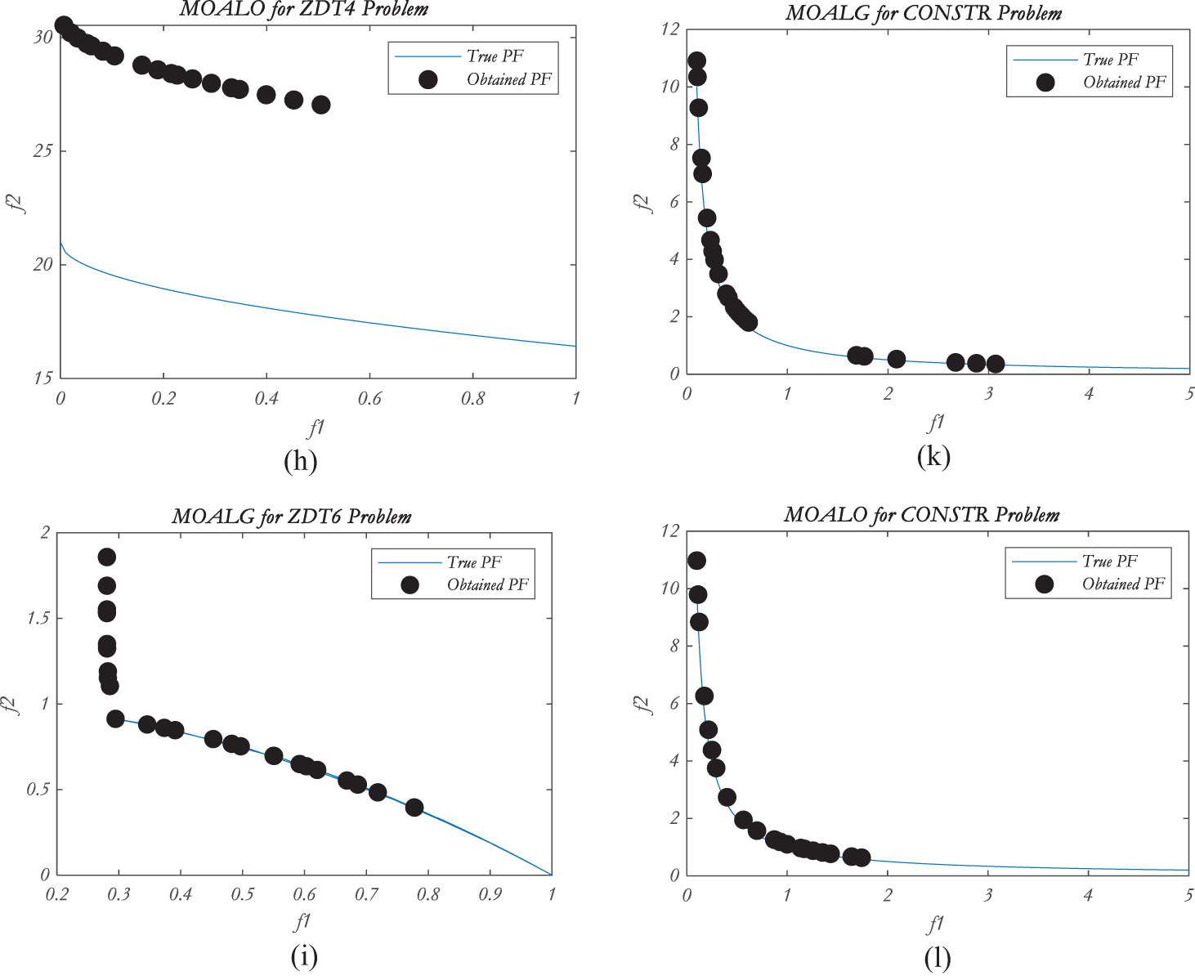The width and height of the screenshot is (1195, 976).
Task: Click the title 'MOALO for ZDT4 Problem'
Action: pos(303,10)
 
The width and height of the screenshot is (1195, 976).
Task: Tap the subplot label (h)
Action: pos(300,461)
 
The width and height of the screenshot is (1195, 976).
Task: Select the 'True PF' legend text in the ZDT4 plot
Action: pos(495,56)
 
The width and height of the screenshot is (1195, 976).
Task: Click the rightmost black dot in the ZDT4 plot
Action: pos(321,105)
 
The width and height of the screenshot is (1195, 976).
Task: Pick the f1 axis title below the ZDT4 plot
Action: pos(316,426)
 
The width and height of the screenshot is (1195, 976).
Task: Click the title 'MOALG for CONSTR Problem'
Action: pos(924,14)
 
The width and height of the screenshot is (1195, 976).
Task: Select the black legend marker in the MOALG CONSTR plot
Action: pos(1045,83)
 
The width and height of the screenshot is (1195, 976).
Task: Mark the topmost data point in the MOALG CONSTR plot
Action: pos(696,60)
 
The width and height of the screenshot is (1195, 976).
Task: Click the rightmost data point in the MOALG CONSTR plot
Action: pos(995,364)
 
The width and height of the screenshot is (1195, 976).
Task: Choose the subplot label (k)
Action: pos(933,456)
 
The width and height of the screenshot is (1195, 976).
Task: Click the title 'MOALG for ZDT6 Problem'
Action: pos(292,517)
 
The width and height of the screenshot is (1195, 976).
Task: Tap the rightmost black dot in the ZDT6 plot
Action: pos(414,808)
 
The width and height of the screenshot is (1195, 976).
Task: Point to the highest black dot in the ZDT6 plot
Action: pos(107,557)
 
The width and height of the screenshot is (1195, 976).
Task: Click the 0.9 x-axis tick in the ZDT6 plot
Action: pos(490,894)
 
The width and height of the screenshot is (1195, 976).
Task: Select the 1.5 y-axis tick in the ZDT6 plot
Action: pos(38,618)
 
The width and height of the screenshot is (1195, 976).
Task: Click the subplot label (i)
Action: pos(303,956)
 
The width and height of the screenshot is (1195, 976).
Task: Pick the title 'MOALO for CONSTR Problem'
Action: pos(921,515)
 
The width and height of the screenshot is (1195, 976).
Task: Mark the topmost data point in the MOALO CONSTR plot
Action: pos(696,561)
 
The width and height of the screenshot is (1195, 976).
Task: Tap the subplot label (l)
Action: pos(937,958)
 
